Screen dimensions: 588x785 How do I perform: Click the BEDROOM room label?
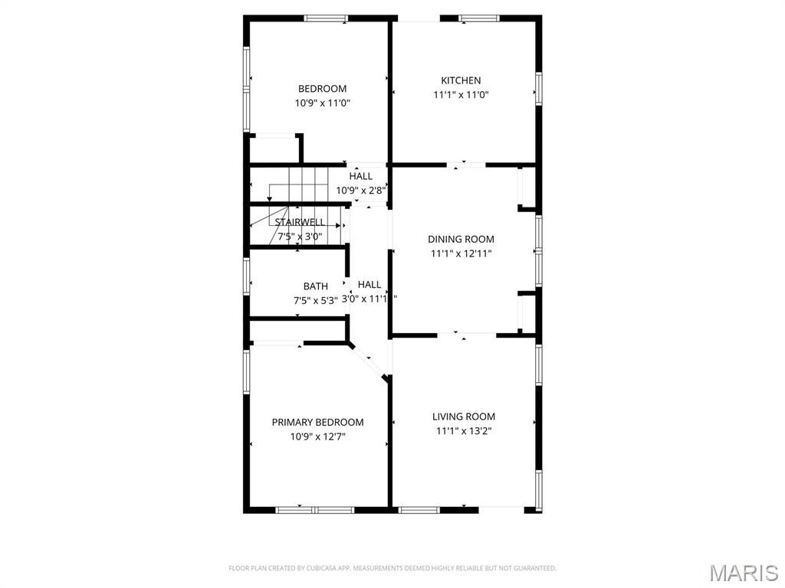(322, 89)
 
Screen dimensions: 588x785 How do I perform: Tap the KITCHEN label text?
(461, 80)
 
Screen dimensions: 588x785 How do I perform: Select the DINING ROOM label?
(461, 240)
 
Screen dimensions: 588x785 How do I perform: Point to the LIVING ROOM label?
(464, 416)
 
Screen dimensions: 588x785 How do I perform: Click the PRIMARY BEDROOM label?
(317, 423)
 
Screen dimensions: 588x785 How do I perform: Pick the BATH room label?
(315, 286)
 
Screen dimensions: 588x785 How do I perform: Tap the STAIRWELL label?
(300, 222)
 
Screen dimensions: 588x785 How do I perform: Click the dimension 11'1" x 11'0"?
(461, 95)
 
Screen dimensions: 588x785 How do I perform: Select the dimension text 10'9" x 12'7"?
(317, 437)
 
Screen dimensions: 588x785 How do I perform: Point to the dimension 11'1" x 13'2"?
(464, 431)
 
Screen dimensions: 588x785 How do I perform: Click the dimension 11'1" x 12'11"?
(461, 253)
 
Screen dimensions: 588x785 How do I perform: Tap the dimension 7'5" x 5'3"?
(315, 300)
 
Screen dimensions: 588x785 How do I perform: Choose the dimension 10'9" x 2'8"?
(360, 190)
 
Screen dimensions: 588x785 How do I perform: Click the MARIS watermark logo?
(744, 573)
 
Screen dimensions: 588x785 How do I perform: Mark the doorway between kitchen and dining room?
(466, 164)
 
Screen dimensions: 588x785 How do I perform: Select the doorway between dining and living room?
(467, 334)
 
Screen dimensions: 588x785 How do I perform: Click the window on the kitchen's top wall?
(479, 18)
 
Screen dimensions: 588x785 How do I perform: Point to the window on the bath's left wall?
(246, 276)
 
